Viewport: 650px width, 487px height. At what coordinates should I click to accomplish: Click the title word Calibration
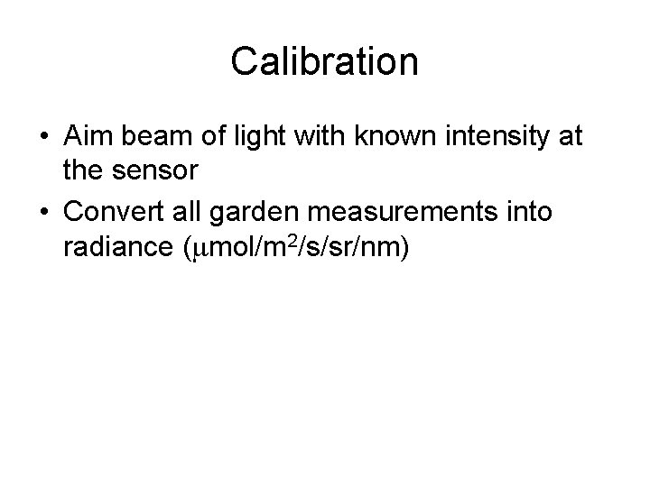[x=324, y=62]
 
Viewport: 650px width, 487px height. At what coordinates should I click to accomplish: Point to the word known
[x=382, y=137]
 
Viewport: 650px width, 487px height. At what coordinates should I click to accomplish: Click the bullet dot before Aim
[x=44, y=138]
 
